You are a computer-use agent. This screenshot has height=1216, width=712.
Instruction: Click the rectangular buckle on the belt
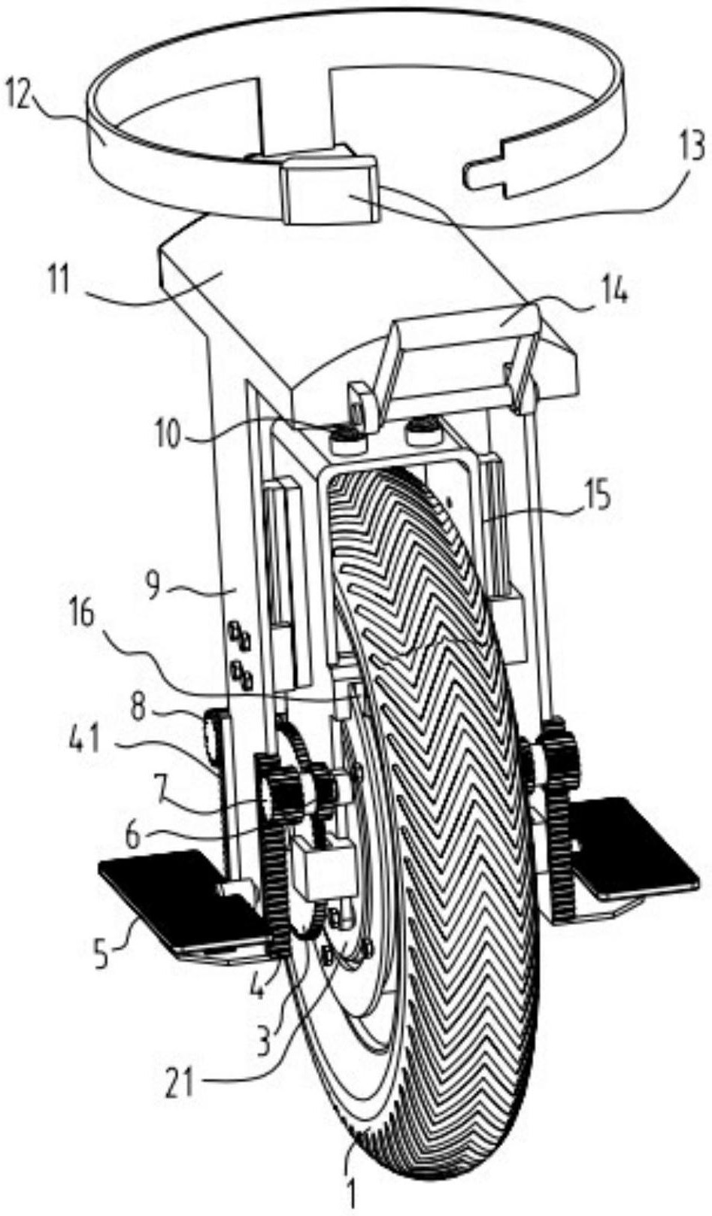(329, 190)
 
